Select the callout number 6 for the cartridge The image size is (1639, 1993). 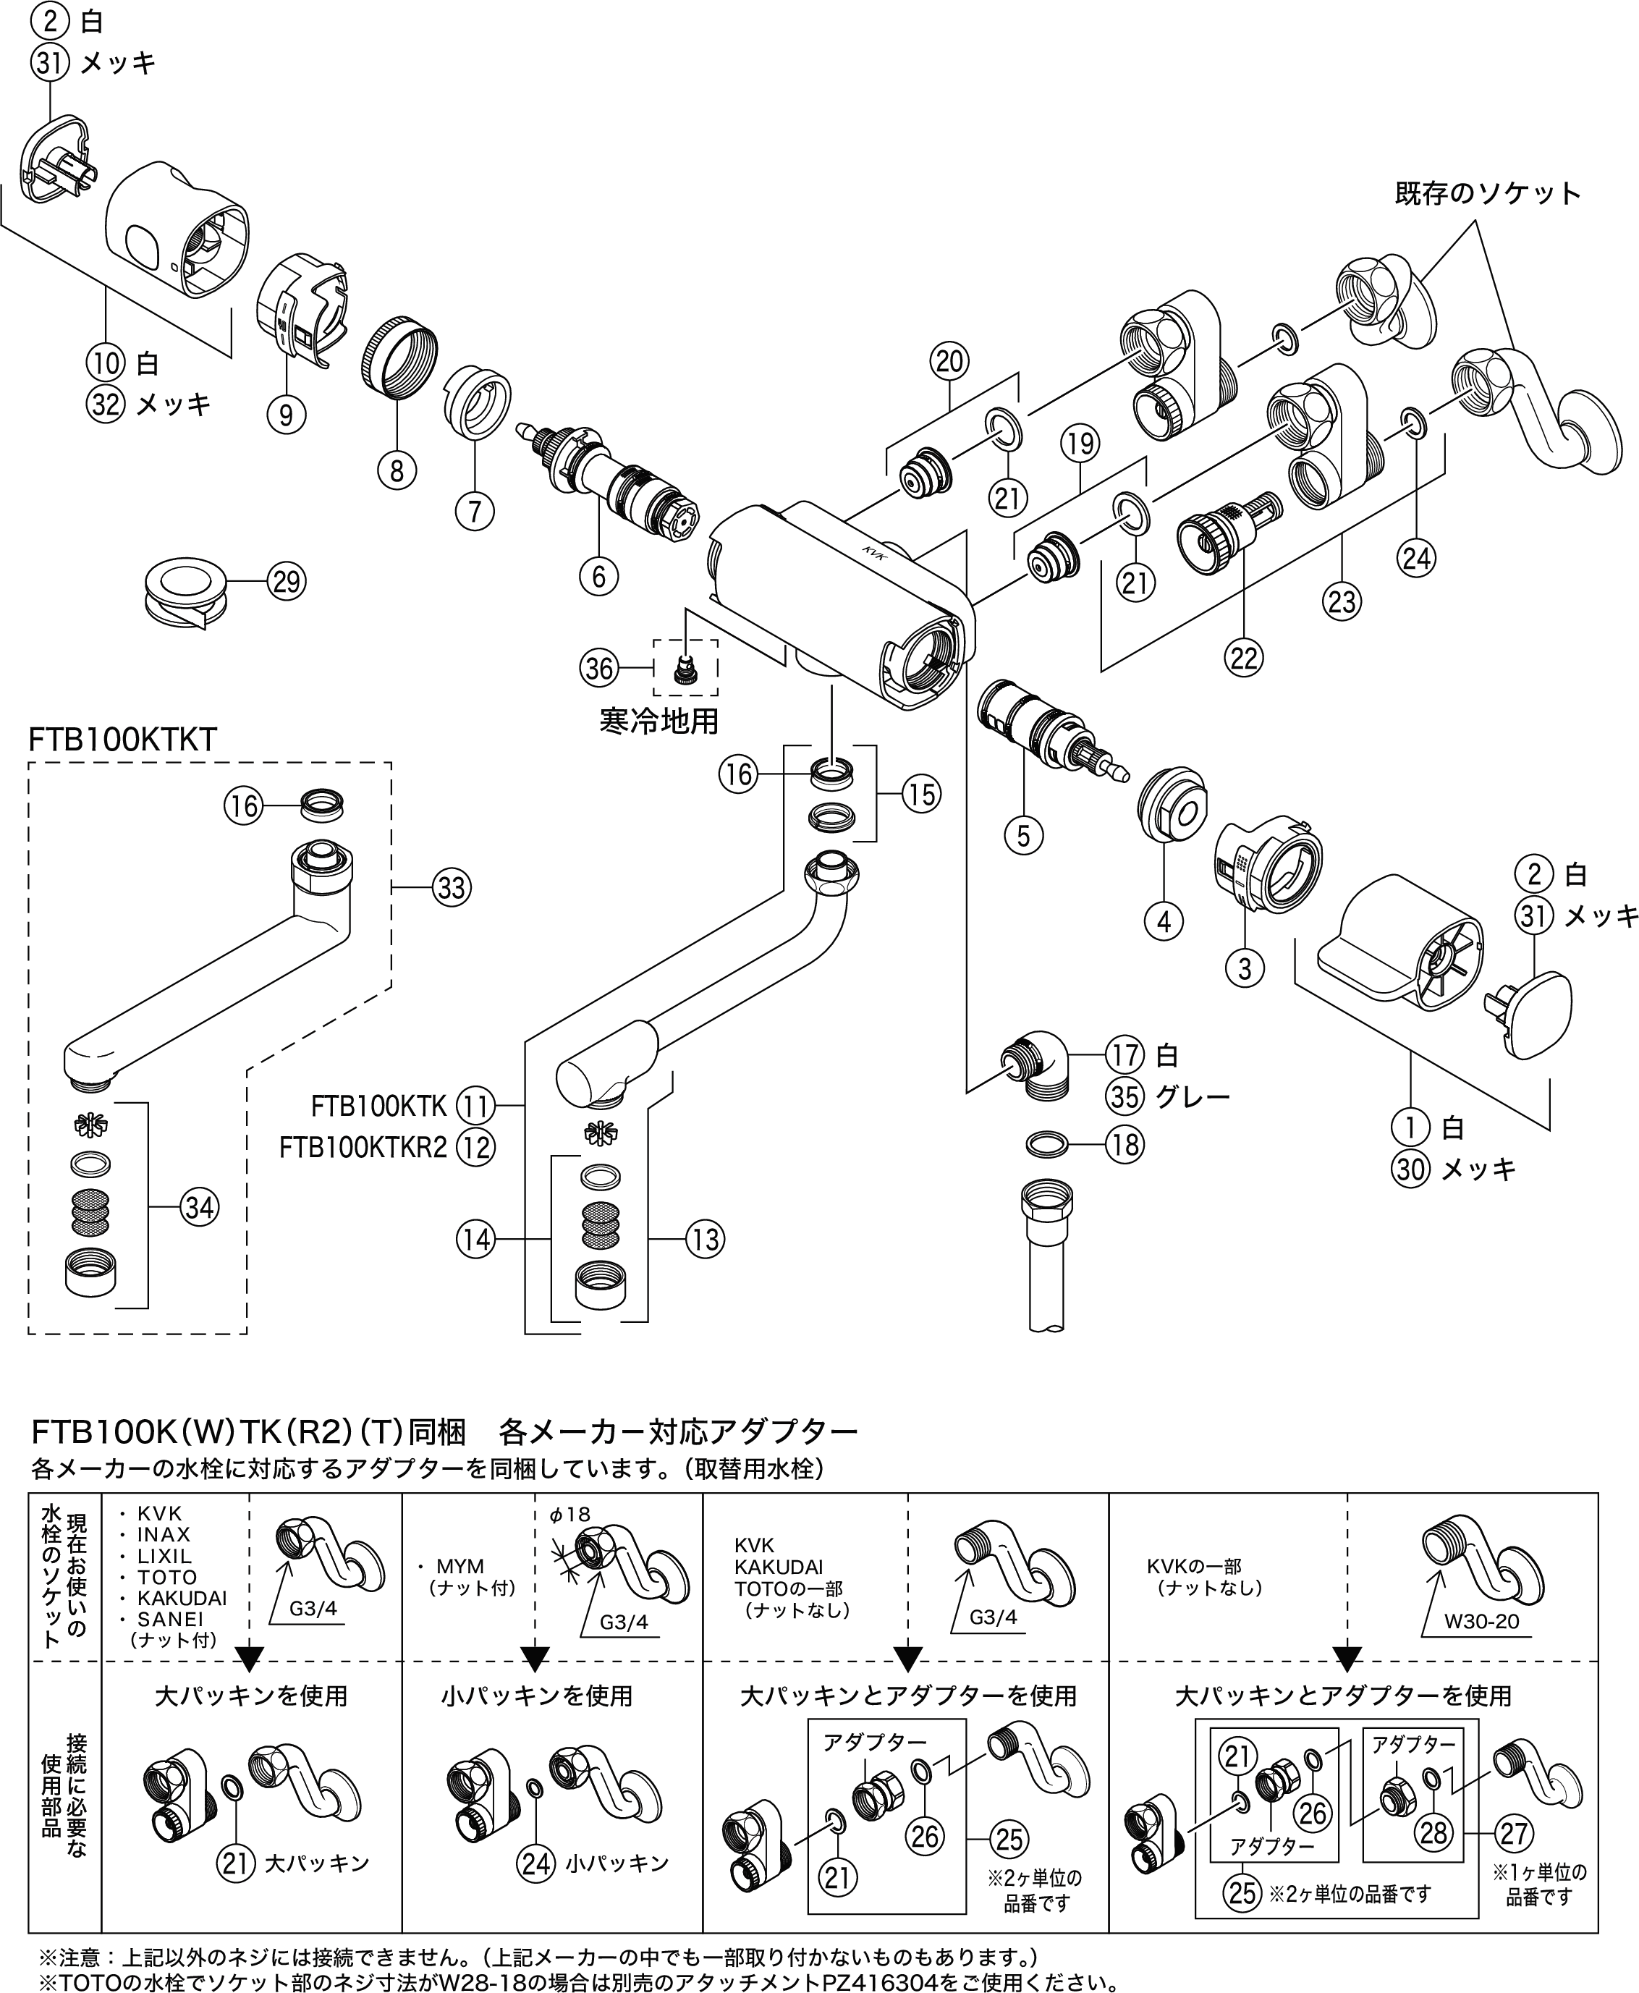598,575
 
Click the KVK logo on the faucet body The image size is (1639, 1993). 871,551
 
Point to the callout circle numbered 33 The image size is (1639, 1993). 452,887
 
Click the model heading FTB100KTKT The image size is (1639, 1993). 123,739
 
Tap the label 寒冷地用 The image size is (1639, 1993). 659,722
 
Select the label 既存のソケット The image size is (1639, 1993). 1488,193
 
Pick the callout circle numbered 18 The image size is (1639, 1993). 1125,1145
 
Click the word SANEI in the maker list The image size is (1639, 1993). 170,1618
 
